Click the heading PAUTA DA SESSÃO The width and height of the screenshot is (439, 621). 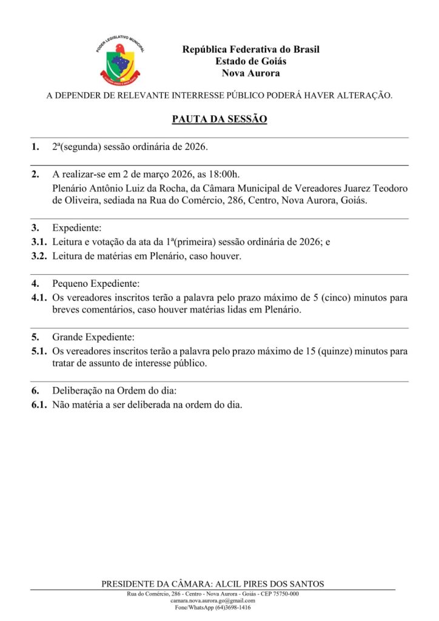click(219, 119)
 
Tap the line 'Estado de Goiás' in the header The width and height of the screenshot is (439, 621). click(250, 61)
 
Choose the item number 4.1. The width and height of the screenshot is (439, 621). click(39, 298)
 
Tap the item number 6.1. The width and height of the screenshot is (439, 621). click(39, 405)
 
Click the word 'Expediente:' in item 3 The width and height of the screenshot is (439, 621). click(77, 228)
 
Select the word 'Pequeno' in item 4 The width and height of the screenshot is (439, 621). click(70, 283)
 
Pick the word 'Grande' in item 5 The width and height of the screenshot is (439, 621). click(67, 337)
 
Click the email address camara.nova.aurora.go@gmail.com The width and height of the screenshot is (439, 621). click(213, 600)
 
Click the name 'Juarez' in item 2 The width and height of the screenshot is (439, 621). click(349, 188)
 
